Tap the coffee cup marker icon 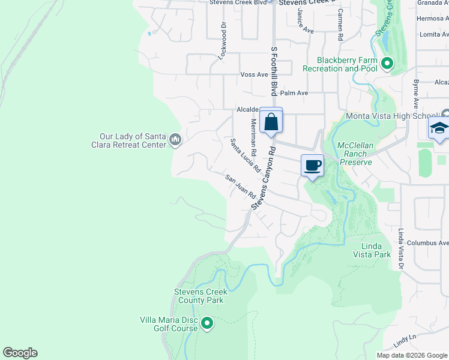tap(312, 165)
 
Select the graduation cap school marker tap(439, 130)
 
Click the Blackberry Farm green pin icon tap(387, 63)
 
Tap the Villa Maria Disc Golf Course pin tap(207, 324)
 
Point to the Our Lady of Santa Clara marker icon tap(175, 140)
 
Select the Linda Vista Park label tap(376, 250)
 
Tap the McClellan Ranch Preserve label tap(360, 154)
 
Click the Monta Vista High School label tap(391, 116)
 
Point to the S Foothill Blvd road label tap(274, 72)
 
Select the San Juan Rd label tap(241, 187)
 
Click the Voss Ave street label tap(254, 74)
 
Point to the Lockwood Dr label tap(223, 40)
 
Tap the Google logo tap(20, 353)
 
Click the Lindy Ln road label tap(405, 340)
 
